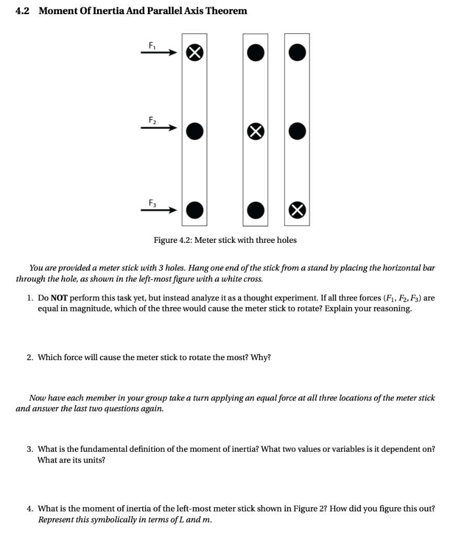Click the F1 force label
pyautogui.click(x=153, y=46)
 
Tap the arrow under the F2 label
pyautogui.click(x=158, y=126)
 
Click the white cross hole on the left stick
pyautogui.click(x=195, y=52)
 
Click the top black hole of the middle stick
pyautogui.click(x=255, y=52)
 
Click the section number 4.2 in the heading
pyautogui.click(x=22, y=11)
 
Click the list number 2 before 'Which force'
pyautogui.click(x=30, y=358)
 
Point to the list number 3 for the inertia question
pyautogui.click(x=30, y=449)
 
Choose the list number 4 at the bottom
pyautogui.click(x=30, y=509)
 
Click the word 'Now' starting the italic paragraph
pyautogui.click(x=38, y=398)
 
